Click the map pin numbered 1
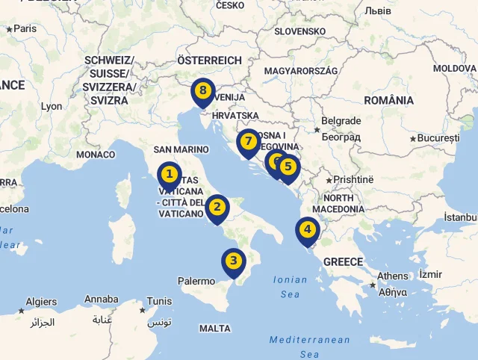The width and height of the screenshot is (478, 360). [x=170, y=176]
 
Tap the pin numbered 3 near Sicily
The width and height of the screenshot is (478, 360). [x=234, y=261]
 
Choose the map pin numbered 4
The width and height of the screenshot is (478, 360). [x=307, y=230]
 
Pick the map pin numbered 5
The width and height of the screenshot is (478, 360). [x=288, y=168]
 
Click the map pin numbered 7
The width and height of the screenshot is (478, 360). [x=249, y=142]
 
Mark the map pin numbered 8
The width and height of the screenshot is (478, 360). [x=202, y=92]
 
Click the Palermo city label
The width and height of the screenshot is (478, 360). [x=196, y=282]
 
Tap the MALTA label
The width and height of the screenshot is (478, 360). [x=215, y=329]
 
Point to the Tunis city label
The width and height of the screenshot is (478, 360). [x=159, y=302]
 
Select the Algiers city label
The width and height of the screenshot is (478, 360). [x=41, y=302]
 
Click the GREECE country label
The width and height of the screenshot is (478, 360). [x=343, y=262]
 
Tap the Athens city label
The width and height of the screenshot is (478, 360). [x=393, y=276]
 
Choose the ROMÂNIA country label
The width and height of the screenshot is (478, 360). [x=388, y=100]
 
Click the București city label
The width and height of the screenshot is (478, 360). [x=439, y=138]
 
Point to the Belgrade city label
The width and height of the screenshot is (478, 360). [x=341, y=121]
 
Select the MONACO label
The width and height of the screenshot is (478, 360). [x=96, y=155]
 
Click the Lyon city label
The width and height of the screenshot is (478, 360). [x=52, y=107]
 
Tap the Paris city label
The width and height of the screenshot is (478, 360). [x=25, y=28]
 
